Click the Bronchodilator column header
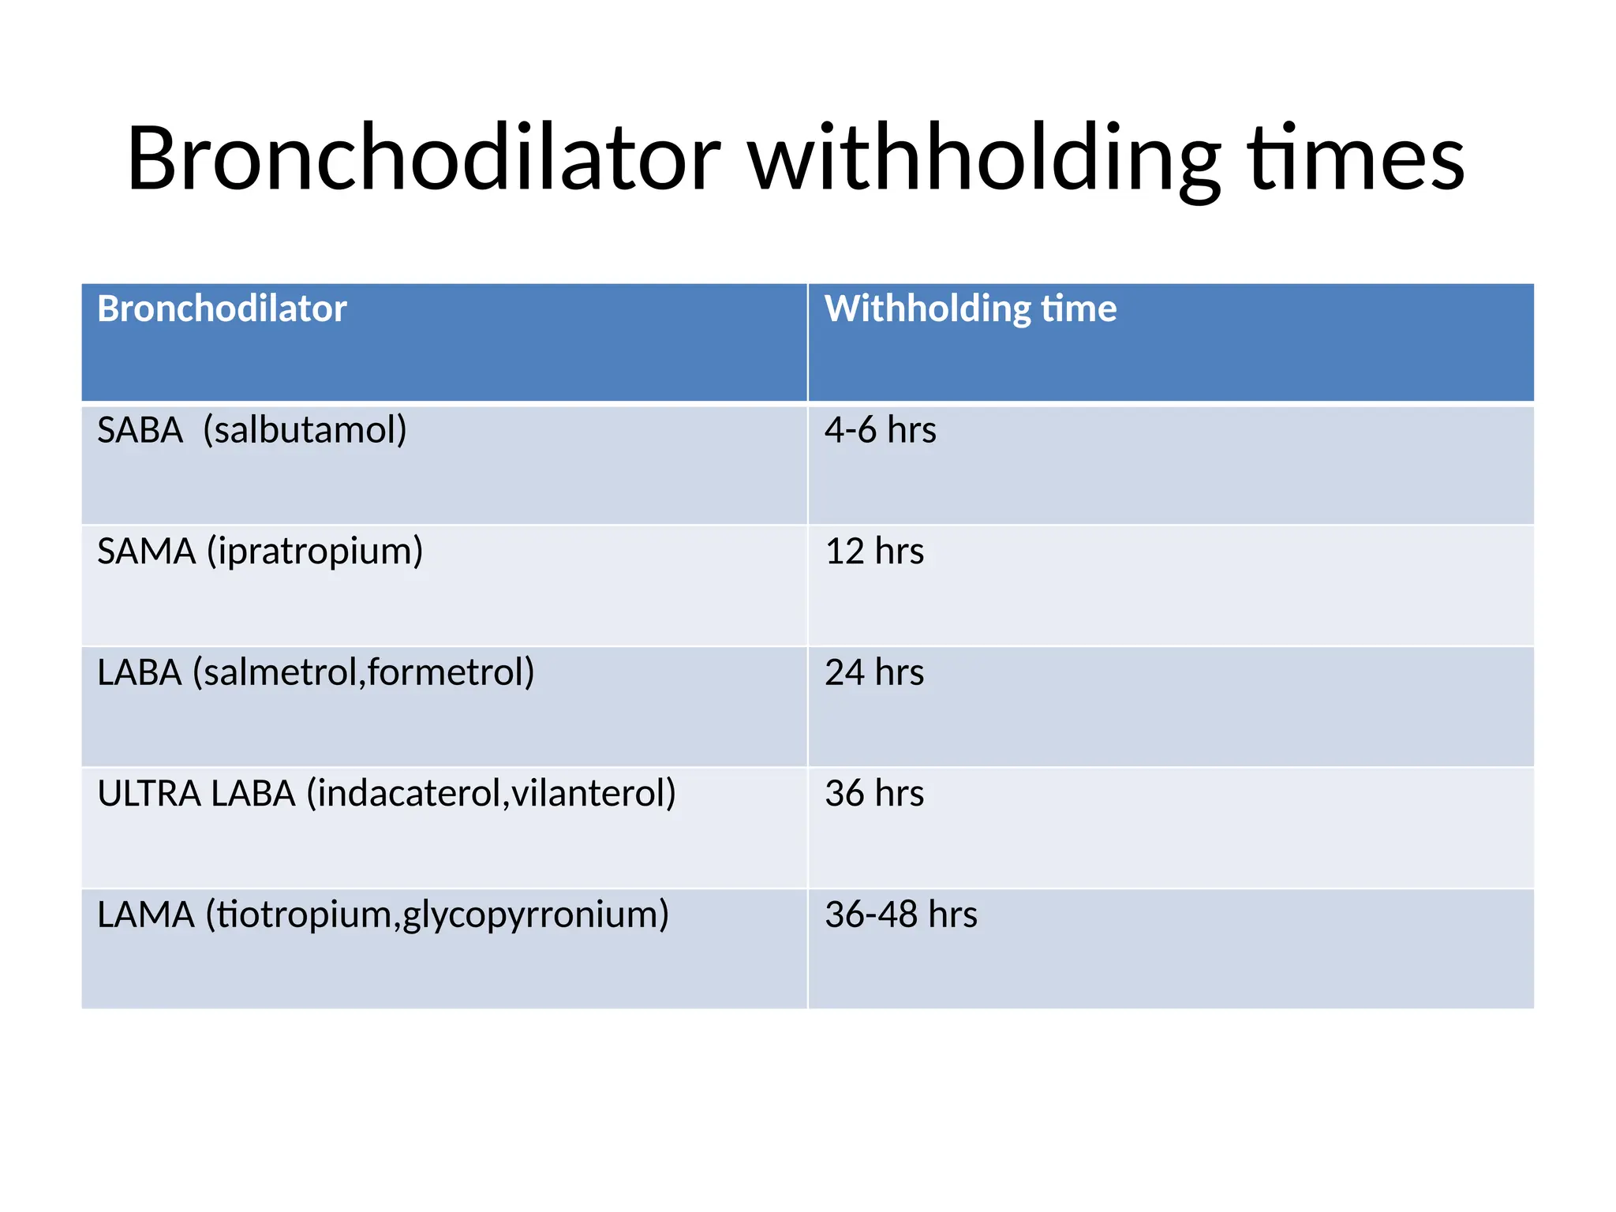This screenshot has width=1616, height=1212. pyautogui.click(x=222, y=309)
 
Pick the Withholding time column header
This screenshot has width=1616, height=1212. pyautogui.click(x=970, y=309)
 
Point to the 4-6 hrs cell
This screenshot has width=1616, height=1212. pyautogui.click(x=880, y=431)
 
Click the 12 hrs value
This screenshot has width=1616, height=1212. pyautogui.click(x=873, y=552)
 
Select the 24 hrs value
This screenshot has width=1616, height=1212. pyautogui.click(x=873, y=673)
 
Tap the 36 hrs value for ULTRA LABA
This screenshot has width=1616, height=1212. pyautogui.click(x=873, y=794)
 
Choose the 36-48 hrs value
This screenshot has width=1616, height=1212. pyautogui.click(x=900, y=915)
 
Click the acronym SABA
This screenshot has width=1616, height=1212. pyautogui.click(x=140, y=431)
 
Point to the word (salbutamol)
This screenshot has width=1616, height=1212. pyautogui.click(x=305, y=431)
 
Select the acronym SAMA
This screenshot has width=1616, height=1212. pyautogui.click(x=146, y=552)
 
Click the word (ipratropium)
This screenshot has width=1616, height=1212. pyautogui.click(x=315, y=552)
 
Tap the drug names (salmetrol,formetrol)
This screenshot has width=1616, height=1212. pyautogui.click(x=364, y=673)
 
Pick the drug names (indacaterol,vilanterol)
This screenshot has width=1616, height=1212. pyautogui.click(x=491, y=794)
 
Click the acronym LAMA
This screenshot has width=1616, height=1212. pyautogui.click(x=146, y=915)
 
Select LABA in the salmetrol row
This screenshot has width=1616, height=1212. pyautogui.click(x=140, y=673)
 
